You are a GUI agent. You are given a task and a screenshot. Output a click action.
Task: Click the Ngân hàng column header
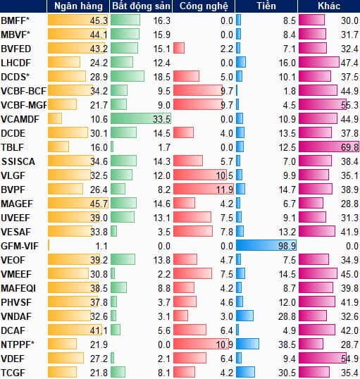78,6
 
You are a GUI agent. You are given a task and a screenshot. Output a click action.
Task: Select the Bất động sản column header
141,6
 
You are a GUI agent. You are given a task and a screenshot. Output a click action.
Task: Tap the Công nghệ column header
204,6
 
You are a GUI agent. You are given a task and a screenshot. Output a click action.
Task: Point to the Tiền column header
266,6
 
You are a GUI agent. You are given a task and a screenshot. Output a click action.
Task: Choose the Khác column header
329,6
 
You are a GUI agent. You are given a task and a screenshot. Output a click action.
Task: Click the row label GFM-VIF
20,246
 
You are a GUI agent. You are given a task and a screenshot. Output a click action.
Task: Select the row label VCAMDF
20,119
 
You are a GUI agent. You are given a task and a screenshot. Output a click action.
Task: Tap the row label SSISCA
18,161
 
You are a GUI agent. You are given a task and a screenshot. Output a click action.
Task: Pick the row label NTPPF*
18,344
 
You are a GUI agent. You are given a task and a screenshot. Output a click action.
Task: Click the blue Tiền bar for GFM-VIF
266,246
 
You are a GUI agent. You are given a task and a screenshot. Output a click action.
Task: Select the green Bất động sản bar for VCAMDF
141,118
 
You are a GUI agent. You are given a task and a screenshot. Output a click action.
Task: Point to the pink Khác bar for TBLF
329,147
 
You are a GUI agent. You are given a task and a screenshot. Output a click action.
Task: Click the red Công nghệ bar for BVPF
204,189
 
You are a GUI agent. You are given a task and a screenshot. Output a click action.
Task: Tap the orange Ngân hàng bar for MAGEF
78,203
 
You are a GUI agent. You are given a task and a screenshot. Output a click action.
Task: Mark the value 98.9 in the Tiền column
287,246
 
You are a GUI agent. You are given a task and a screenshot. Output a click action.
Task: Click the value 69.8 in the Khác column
349,147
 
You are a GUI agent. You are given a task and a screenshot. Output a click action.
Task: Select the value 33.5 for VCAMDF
162,119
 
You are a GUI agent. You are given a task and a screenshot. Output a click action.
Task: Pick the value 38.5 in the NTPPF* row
287,344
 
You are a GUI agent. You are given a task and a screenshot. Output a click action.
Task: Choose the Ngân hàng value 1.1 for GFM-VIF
101,246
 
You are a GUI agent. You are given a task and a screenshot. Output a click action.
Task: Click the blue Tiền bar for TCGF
245,372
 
